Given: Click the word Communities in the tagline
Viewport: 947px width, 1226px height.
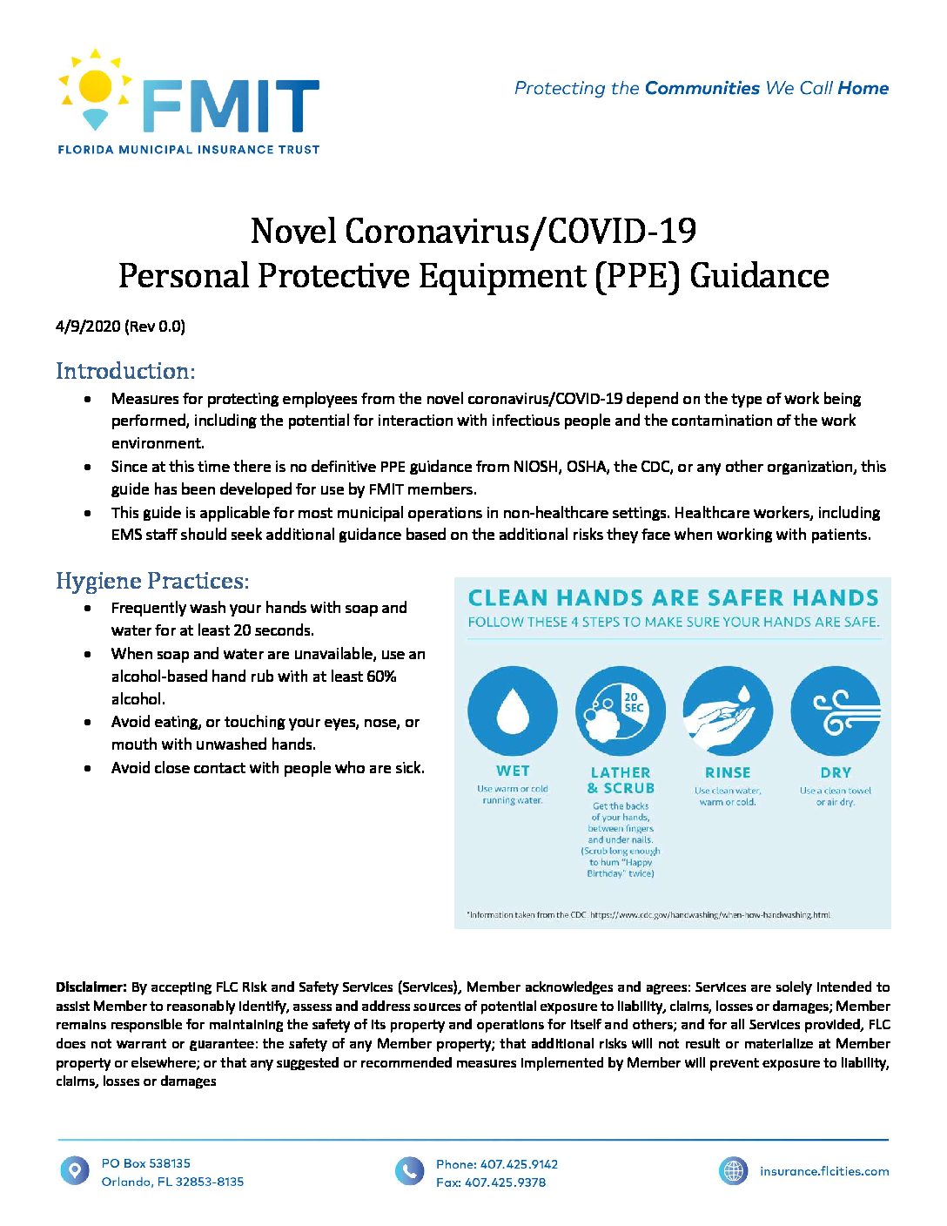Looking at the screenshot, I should click(x=702, y=88).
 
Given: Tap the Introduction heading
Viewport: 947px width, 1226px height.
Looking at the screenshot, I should click(x=125, y=371).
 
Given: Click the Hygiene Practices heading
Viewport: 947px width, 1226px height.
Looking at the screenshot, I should click(x=152, y=581).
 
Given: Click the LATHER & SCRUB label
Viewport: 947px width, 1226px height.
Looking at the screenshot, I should click(x=621, y=780).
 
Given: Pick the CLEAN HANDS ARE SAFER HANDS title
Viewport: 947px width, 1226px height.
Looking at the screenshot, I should click(x=673, y=598).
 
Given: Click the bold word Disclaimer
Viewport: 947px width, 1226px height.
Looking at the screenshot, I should click(x=91, y=987).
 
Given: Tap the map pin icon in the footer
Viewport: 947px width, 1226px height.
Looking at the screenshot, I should click(x=75, y=1170).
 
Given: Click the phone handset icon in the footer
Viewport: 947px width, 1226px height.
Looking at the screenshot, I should click(x=409, y=1171).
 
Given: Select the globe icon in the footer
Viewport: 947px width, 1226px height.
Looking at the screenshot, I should click(x=734, y=1171).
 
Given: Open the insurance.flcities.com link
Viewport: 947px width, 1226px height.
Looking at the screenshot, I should click(x=824, y=1171).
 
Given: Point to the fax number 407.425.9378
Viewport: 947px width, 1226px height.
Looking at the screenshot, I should click(x=505, y=1182).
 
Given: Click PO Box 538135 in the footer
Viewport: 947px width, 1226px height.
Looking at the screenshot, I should click(x=145, y=1163).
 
